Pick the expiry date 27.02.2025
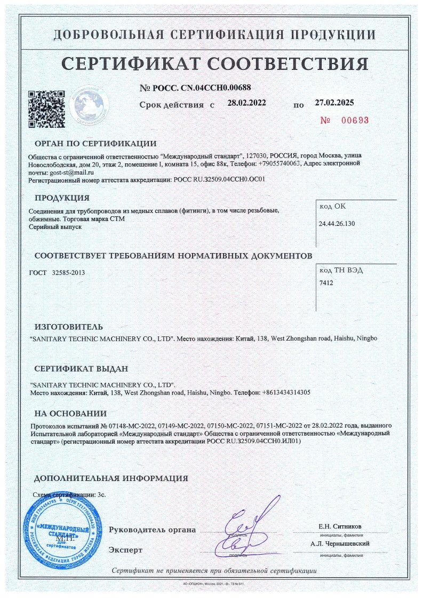[x=334, y=103]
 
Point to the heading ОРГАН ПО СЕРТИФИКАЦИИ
[x=95, y=143]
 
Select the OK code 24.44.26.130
[x=337, y=223]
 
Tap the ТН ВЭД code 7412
[x=326, y=282]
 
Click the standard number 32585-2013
[x=69, y=272]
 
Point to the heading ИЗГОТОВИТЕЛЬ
[x=69, y=327]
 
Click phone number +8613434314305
[x=286, y=392]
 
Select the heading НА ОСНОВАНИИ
[x=70, y=413]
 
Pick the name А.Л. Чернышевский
[x=340, y=544]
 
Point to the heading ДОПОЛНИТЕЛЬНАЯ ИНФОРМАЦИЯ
[x=111, y=478]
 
